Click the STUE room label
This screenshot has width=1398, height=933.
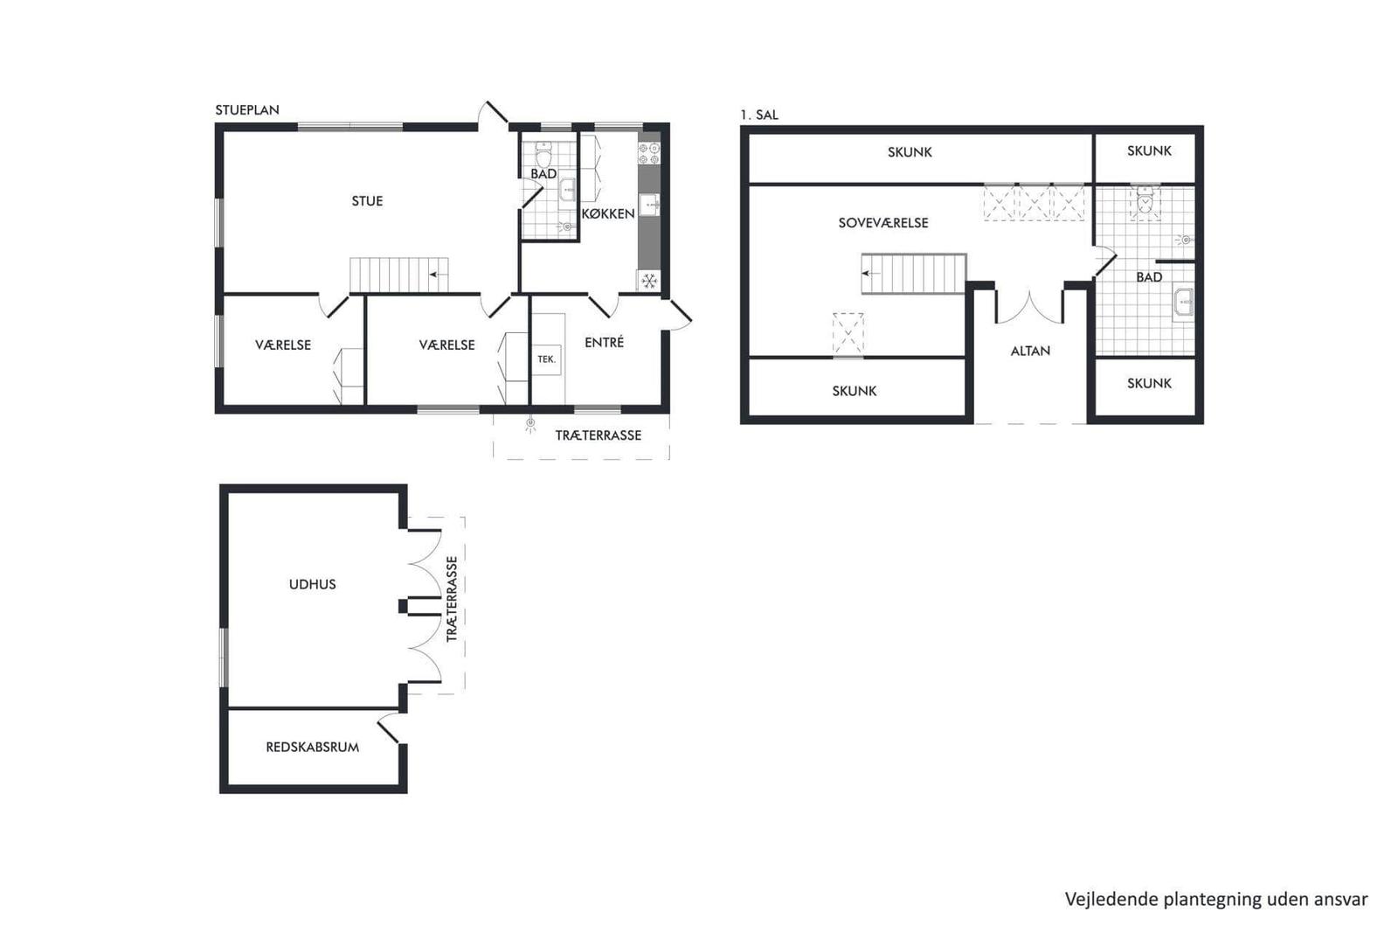[367, 201]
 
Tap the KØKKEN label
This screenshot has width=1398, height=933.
[607, 213]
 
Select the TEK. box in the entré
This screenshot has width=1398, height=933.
[546, 359]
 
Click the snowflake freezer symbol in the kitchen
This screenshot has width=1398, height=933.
[649, 281]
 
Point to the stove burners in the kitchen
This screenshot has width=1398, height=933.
[649, 154]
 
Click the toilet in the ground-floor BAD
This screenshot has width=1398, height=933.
[544, 156]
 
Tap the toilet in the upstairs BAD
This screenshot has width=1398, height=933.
[1145, 202]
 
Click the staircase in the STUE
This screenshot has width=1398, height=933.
[398, 275]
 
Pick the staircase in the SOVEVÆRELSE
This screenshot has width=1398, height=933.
[913, 274]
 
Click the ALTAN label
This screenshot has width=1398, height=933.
[1030, 351]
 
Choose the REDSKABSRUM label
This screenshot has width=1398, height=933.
[312, 747]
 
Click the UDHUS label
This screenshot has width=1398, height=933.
[312, 584]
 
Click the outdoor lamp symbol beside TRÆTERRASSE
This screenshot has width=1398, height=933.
[529, 426]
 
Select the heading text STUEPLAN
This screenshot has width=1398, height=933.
[247, 110]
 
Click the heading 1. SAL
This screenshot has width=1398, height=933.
[758, 115]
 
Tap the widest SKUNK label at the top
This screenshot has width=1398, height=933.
[910, 152]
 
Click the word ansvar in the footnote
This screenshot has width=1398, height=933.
[1340, 899]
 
